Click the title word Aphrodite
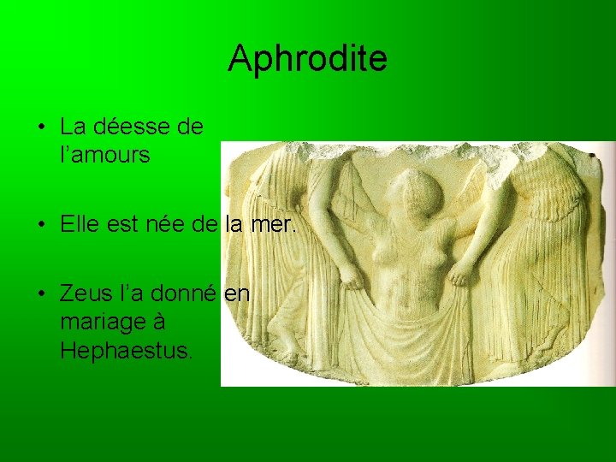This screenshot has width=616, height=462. click(307, 58)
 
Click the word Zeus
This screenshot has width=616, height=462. click(86, 294)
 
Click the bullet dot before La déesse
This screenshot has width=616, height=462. click(41, 128)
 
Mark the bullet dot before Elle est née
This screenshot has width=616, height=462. click(41, 226)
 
